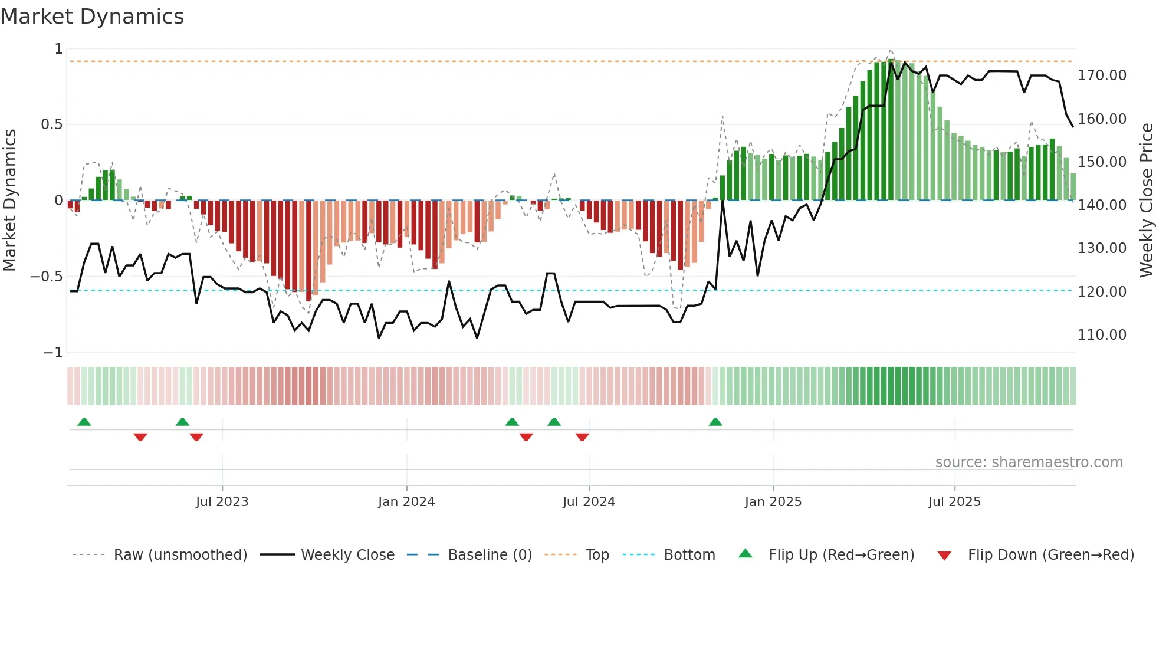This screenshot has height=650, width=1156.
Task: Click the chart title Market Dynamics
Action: point(93,17)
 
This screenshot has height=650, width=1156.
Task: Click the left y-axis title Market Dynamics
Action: point(9,200)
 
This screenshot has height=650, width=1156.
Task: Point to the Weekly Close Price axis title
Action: point(1146,200)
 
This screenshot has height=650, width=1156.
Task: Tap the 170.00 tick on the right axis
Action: point(1101,75)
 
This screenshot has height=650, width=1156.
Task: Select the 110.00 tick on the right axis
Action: point(1101,335)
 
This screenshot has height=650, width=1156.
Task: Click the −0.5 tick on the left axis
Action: point(47,277)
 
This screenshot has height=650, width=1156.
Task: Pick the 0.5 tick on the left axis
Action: point(51,124)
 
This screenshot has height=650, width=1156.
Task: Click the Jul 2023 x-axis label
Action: point(222,502)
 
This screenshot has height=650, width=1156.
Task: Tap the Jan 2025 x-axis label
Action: point(773,502)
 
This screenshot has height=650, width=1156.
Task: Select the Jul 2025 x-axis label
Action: point(954,502)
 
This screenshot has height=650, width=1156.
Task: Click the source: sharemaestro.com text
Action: point(1029,462)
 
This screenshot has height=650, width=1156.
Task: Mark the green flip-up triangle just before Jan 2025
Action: point(715,422)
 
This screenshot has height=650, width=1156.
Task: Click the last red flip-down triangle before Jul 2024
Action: point(582,437)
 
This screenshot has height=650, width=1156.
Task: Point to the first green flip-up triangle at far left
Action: point(84,422)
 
